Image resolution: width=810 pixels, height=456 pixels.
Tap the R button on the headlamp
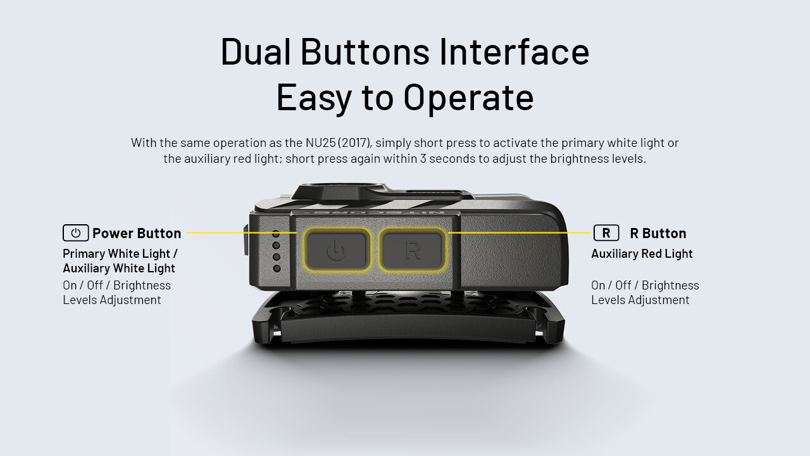click(412, 249)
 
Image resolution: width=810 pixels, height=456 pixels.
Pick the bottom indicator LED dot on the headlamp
click(277, 269)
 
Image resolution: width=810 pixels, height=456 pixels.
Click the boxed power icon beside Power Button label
click(75, 233)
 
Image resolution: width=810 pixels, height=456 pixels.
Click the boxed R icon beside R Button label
click(606, 233)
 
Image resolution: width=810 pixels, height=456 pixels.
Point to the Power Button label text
click(137, 233)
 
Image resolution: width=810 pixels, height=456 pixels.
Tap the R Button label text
click(657, 233)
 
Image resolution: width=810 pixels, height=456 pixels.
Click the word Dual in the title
click(256, 52)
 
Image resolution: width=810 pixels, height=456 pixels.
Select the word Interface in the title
click(514, 52)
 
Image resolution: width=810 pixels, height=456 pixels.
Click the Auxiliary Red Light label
click(642, 253)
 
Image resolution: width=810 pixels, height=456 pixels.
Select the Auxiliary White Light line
click(119, 268)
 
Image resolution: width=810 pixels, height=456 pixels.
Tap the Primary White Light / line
click(120, 253)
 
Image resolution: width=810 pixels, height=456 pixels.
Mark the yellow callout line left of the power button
click(240, 233)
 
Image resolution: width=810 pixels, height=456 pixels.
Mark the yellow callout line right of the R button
click(519, 232)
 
